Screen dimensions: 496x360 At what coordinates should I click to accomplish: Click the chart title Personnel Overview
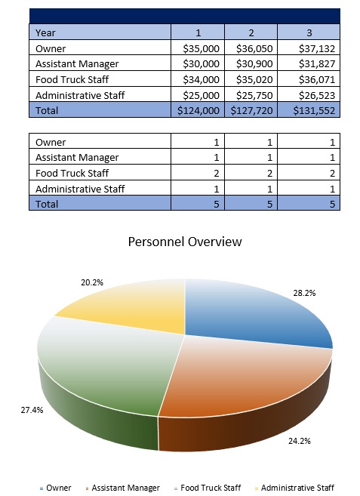(x=185, y=242)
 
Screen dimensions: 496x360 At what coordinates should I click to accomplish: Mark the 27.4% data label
(x=32, y=411)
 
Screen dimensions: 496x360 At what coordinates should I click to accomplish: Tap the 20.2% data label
(x=91, y=282)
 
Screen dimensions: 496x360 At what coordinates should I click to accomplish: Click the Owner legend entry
(x=58, y=488)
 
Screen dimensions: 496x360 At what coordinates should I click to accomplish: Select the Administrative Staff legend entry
(x=296, y=488)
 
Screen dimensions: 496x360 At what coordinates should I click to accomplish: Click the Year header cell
(x=48, y=32)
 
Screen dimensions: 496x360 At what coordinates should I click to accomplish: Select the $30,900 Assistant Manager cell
(x=254, y=64)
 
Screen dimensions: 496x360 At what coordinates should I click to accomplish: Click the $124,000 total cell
(x=198, y=110)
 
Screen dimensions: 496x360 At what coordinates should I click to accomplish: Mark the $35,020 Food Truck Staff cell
(x=254, y=79)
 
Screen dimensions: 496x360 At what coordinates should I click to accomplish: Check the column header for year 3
(x=308, y=32)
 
